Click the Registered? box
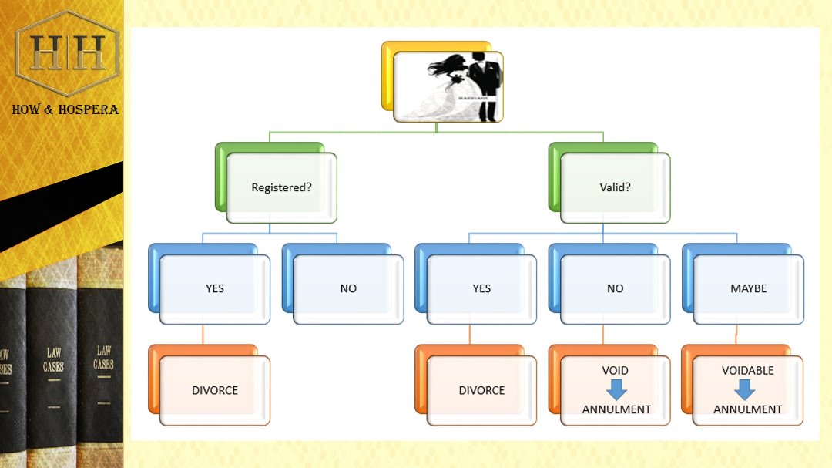pos(281,187)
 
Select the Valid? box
pos(615,187)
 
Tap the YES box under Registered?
pos(214,288)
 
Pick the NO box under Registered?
pos(348,288)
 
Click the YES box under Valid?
pos(481,288)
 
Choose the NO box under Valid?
pos(615,288)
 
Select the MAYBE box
pos(748,288)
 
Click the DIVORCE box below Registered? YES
pos(214,390)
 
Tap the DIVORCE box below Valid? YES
pos(481,390)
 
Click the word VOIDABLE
pos(747,370)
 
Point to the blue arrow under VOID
pos(616,389)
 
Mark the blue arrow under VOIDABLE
pos(744,389)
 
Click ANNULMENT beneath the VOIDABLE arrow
pos(747,409)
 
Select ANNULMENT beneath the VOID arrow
pos(616,409)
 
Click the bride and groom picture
pos(448,86)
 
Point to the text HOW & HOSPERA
pos(65,109)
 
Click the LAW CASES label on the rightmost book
pos(103,358)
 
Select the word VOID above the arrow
pos(616,370)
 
